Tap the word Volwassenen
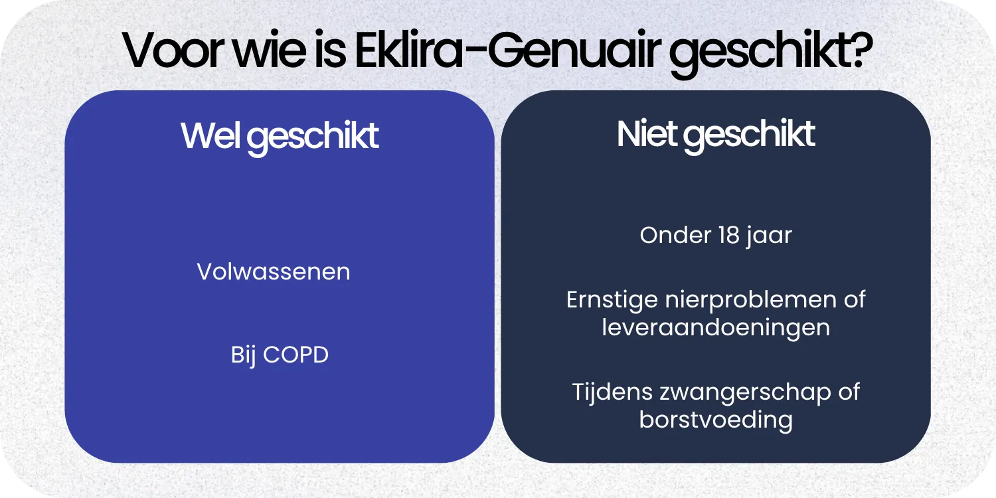[274, 272]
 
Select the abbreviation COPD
[296, 355]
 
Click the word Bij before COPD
[244, 355]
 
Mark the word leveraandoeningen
[716, 327]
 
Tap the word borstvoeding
[716, 420]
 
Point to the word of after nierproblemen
[855, 299]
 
